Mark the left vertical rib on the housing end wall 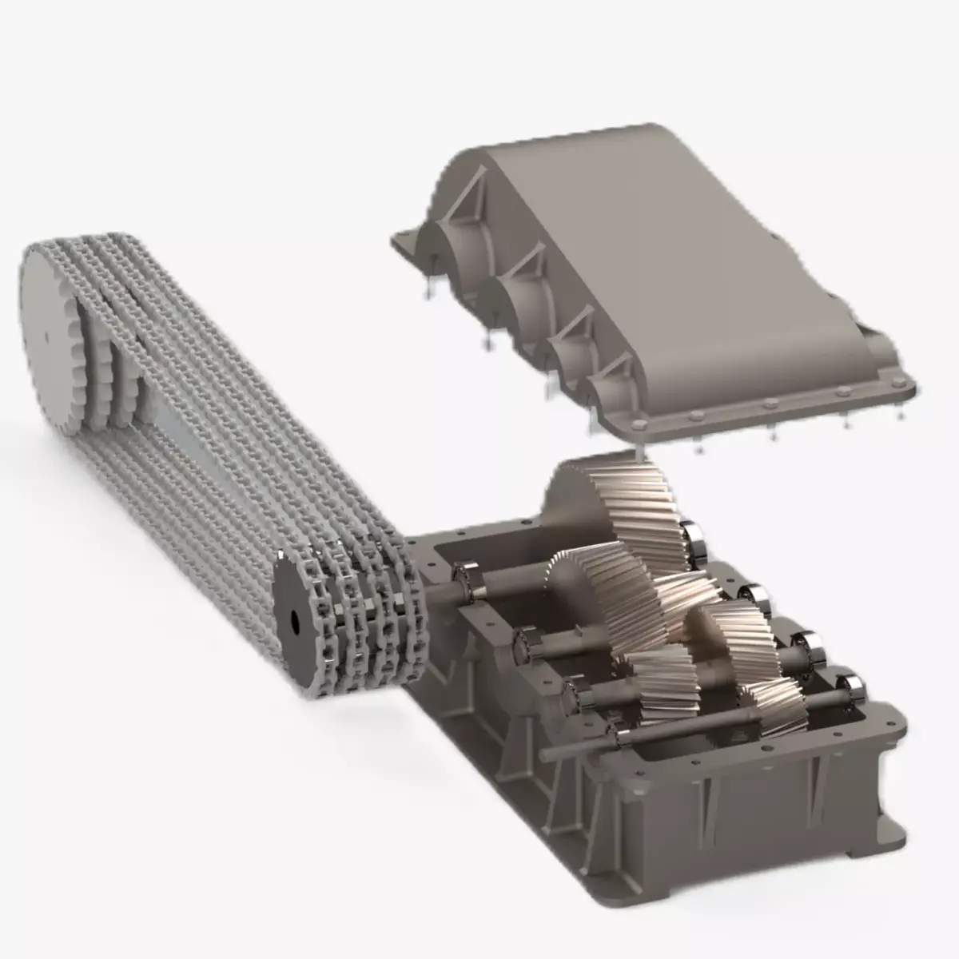coord(707,807)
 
